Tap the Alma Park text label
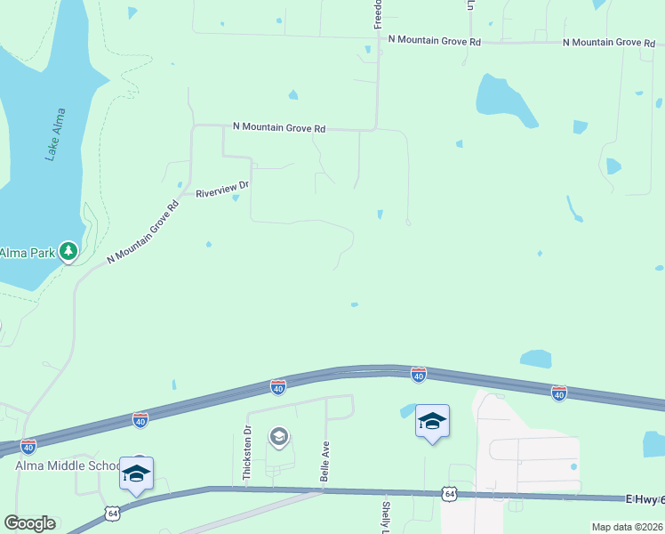[27, 253]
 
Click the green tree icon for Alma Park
[68, 252]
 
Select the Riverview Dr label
[224, 189]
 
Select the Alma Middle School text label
[68, 465]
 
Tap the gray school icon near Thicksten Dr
[279, 436]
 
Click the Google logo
[29, 523]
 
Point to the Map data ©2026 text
[628, 527]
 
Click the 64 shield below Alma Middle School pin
[112, 513]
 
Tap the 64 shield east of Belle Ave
[450, 492]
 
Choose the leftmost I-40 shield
[28, 445]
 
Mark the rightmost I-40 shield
[558, 392]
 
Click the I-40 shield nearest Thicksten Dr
[278, 387]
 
